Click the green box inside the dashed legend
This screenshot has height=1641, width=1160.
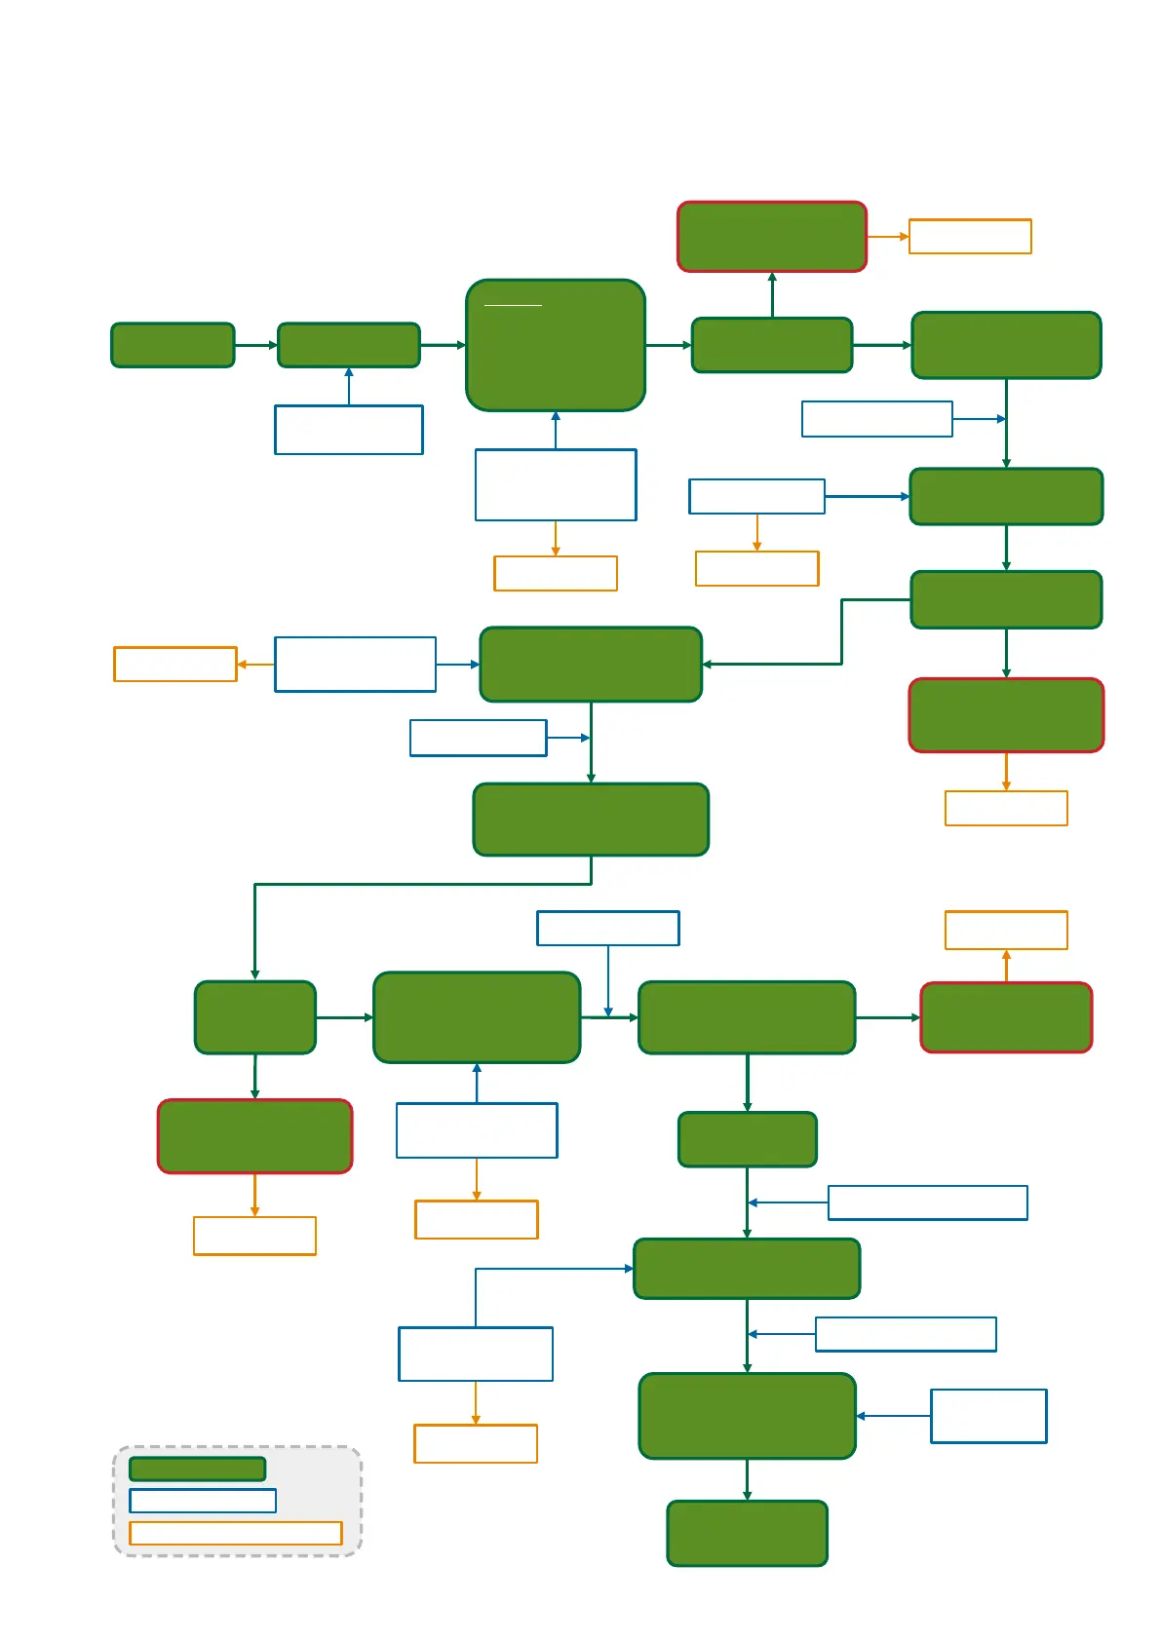pos(197,1469)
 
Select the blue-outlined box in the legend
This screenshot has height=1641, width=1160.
pos(203,1501)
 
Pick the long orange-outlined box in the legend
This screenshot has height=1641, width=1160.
pos(236,1533)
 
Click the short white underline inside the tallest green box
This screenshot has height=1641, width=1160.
pos(513,306)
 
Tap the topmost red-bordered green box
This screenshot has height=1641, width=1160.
pos(772,237)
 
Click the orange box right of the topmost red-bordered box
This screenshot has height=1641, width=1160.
pos(970,237)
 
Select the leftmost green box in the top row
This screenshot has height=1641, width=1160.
pos(173,345)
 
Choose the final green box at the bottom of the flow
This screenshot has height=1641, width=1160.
pos(747,1533)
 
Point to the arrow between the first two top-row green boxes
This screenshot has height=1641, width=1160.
pos(256,345)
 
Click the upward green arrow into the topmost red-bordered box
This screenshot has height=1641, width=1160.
pos(772,294)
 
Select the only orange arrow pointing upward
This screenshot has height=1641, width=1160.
pos(1006,965)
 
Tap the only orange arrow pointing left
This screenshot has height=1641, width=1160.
pos(255,665)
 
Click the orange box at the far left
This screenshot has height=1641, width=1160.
pos(175,665)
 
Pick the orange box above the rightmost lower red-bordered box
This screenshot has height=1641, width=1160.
pos(1006,930)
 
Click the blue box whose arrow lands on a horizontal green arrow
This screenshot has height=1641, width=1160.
pos(607,929)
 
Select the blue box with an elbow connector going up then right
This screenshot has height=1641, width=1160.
pos(476,1354)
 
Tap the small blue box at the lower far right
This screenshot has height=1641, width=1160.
pos(988,1416)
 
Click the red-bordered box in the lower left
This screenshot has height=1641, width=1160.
pos(254,1136)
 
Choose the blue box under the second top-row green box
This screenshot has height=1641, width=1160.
pos(349,430)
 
